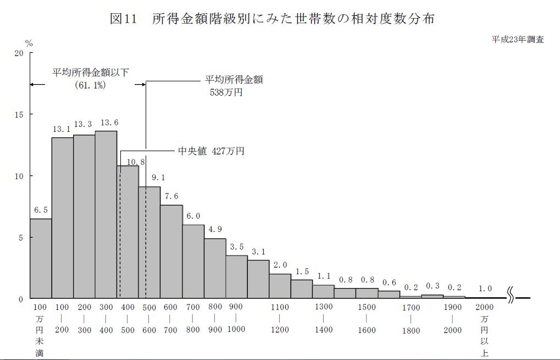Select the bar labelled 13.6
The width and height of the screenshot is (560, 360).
[x=106, y=214]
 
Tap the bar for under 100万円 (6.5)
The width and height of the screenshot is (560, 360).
[x=41, y=258]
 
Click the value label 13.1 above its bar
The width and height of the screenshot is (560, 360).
[x=62, y=130]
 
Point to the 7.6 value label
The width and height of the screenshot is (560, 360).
[x=171, y=197]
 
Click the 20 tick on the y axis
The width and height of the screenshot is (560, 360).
[x=19, y=53]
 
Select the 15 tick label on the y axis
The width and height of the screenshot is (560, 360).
[x=19, y=114]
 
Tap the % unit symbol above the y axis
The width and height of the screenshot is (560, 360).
[x=29, y=43]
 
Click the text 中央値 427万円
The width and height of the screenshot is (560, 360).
[x=211, y=151]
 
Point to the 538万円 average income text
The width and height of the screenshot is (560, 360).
[x=226, y=92]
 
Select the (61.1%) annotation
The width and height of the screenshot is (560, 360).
[x=90, y=86]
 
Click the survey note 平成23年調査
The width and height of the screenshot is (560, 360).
[x=518, y=40]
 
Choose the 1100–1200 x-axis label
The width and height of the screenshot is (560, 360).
[x=280, y=319]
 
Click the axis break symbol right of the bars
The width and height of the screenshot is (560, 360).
[x=511, y=298]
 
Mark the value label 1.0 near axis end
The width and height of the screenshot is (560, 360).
[x=485, y=289]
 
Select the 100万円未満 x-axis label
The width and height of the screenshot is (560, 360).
[x=40, y=330]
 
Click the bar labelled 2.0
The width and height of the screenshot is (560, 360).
[x=280, y=286]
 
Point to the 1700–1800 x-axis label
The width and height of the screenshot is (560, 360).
[x=411, y=319]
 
